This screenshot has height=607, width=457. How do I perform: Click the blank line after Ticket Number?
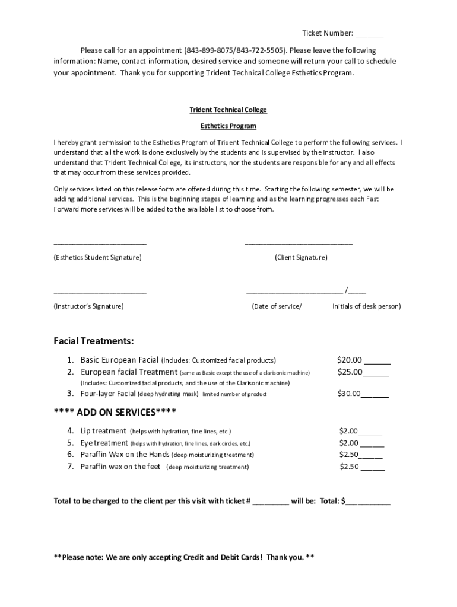(370, 34)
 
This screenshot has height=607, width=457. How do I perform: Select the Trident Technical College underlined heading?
(228, 110)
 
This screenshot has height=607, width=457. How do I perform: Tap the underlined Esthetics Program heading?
(228, 126)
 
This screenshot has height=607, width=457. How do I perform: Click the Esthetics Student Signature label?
(98, 258)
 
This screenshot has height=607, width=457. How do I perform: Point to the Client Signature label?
(301, 258)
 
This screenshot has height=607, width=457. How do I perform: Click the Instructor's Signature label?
(89, 306)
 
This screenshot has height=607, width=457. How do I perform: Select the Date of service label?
(277, 306)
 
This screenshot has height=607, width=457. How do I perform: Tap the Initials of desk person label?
(366, 306)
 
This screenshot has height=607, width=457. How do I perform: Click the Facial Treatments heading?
(94, 341)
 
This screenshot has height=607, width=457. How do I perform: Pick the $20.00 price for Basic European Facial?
(349, 360)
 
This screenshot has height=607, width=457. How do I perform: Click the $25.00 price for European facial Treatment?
(349, 372)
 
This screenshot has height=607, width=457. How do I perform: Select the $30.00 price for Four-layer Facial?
(349, 394)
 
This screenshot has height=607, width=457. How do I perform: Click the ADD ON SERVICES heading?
(115, 412)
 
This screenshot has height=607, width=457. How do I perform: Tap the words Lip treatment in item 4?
(103, 431)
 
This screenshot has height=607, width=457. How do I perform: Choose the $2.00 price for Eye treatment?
(348, 443)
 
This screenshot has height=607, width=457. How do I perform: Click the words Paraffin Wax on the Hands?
(125, 455)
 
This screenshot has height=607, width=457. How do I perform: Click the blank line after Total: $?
(368, 501)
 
